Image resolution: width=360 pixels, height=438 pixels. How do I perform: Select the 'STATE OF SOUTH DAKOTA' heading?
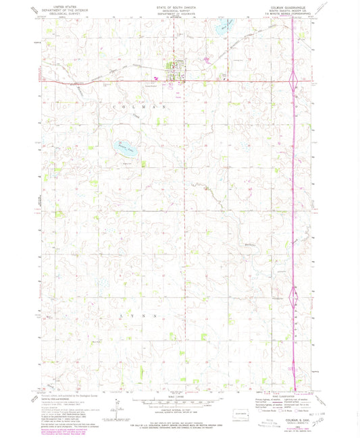click(x=180, y=5)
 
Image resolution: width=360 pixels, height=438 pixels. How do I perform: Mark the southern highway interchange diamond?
click(x=292, y=277)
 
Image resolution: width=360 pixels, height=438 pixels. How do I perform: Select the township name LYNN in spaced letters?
click(x=140, y=296)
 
